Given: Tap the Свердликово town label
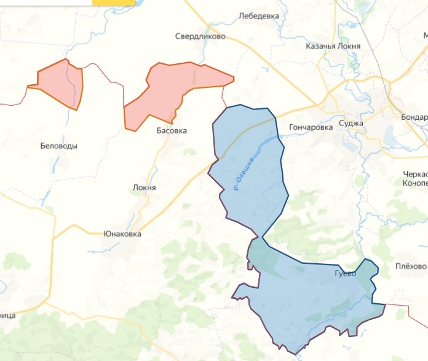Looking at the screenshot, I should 200,36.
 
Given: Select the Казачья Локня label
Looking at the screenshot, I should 333,46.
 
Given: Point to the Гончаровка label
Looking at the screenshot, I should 310,127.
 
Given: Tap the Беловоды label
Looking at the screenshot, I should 59,146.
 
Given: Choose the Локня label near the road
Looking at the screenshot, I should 145,188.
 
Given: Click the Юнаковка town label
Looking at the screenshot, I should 122,234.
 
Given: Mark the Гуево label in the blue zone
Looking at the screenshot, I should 346,273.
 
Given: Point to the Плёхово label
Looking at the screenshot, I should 411,266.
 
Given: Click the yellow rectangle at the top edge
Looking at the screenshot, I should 109,2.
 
